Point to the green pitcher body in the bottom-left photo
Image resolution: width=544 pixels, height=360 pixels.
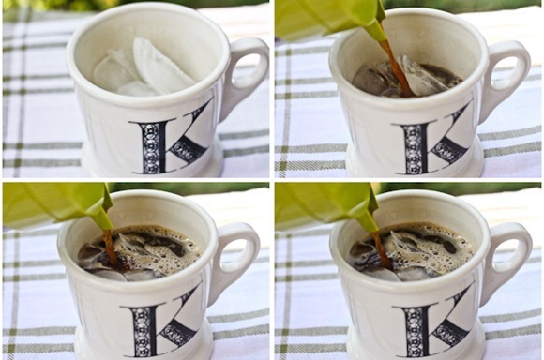[x=52, y=204]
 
